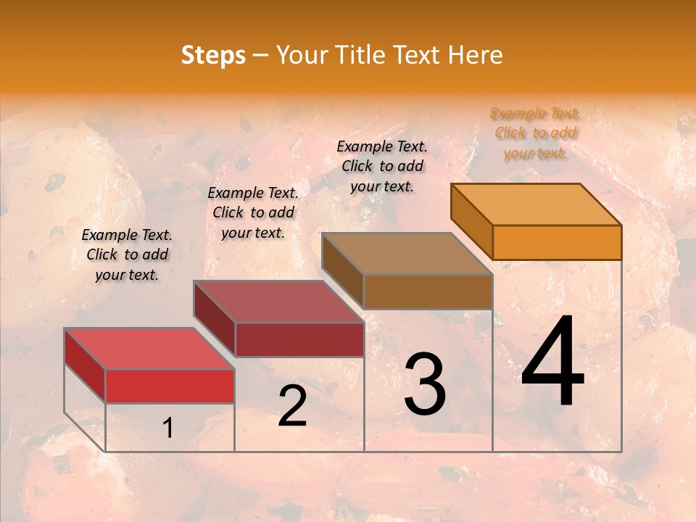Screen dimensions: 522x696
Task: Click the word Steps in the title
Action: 213,55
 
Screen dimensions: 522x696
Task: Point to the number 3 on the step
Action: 425,384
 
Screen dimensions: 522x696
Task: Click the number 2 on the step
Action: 292,406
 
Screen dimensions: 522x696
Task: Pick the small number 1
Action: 168,428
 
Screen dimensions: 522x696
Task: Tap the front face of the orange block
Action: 557,242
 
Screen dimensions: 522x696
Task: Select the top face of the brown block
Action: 407,254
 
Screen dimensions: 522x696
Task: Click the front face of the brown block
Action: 428,291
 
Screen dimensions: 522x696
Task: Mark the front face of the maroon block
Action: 299,339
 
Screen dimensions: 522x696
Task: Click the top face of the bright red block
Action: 149,349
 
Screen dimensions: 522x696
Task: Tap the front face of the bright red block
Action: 170,386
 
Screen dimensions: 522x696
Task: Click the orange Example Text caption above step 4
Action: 535,133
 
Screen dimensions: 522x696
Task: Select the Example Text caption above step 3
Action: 382,166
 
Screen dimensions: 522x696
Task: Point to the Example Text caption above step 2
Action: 253,212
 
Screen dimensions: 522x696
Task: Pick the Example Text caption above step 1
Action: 127,254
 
